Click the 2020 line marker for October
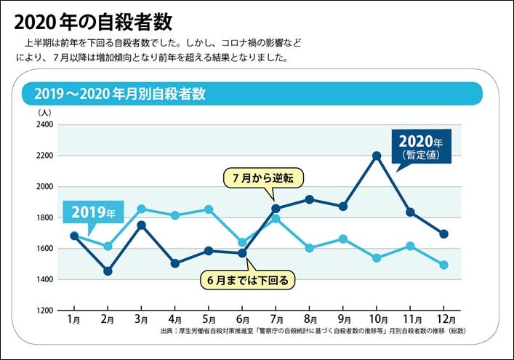click(x=377, y=156)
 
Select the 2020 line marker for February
click(x=108, y=271)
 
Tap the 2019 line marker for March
click(x=141, y=209)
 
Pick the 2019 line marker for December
click(x=443, y=265)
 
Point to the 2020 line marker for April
click(x=175, y=263)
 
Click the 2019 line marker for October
click(x=377, y=258)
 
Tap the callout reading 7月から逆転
click(x=262, y=177)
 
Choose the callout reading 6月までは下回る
click(x=248, y=279)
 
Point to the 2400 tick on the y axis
click(x=44, y=125)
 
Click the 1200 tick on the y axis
click(x=44, y=311)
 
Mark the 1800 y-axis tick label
click(x=44, y=217)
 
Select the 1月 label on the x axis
click(x=73, y=319)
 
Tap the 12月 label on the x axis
click(x=443, y=319)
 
